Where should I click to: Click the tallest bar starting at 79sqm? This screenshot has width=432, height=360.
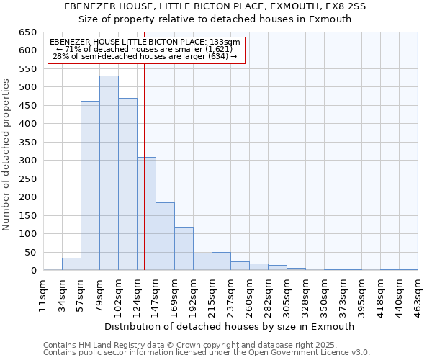point(109,173)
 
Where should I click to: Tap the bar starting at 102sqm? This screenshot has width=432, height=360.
point(127,184)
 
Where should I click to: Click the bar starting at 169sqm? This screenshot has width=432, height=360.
point(184,248)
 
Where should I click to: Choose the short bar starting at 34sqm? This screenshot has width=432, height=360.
point(71,264)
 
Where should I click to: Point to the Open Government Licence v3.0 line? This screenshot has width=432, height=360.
point(207,352)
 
